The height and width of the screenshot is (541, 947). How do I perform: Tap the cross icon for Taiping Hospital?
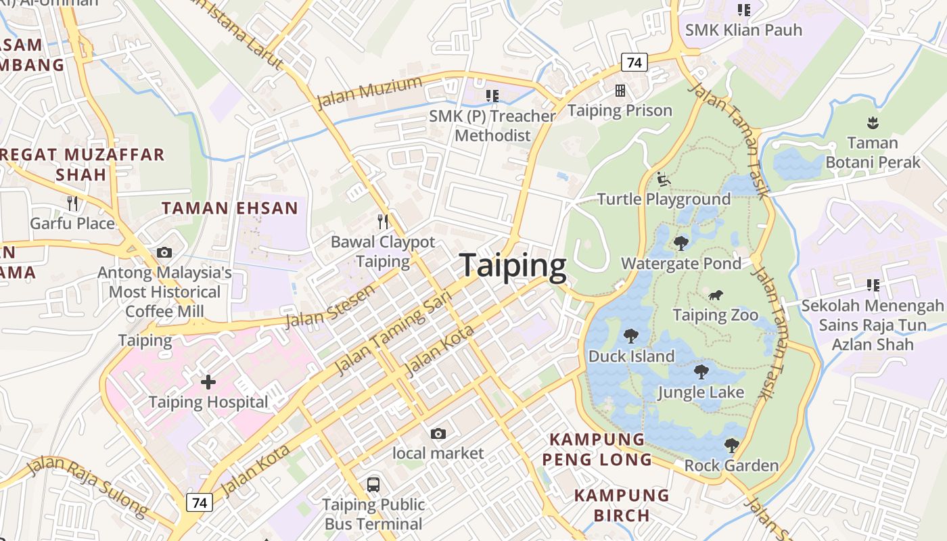point(208,382)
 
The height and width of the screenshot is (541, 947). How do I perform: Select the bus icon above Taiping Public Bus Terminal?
point(373,484)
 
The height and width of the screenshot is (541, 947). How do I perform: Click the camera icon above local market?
point(438,433)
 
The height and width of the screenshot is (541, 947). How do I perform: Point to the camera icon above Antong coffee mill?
point(164,253)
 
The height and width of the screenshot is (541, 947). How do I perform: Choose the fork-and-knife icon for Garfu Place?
point(72,203)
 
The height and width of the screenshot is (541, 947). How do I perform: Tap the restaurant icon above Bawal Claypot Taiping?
point(383,221)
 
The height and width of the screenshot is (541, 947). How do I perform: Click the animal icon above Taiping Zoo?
point(716,295)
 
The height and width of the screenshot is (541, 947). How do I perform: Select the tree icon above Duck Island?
point(631,335)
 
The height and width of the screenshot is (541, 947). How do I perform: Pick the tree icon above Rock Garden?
point(731,445)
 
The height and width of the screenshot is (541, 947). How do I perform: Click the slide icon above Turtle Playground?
point(664,179)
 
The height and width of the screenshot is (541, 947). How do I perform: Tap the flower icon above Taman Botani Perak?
point(873,122)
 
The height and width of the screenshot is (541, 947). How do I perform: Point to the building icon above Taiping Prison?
point(620,91)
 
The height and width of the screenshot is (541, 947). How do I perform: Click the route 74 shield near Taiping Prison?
point(634,63)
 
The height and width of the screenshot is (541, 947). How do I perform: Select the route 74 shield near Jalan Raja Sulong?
point(199,502)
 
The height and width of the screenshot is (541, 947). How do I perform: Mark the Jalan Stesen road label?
point(331,306)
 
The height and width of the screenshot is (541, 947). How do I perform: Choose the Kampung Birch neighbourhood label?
point(622,505)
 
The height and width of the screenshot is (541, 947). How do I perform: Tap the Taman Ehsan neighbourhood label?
point(230,208)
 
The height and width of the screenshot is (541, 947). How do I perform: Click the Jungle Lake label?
point(701,392)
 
